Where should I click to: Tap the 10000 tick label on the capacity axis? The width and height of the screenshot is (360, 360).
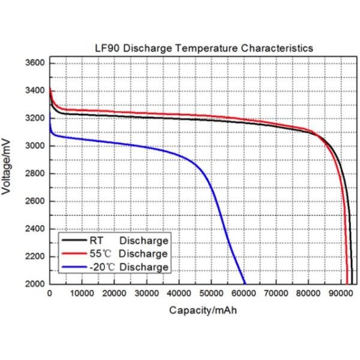pos(82,294)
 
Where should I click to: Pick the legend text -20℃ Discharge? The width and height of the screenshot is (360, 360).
pos(133,267)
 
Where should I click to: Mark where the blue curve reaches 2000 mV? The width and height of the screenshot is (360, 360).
pos(245,283)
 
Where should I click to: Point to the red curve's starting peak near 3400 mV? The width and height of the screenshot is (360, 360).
pos(50,92)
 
